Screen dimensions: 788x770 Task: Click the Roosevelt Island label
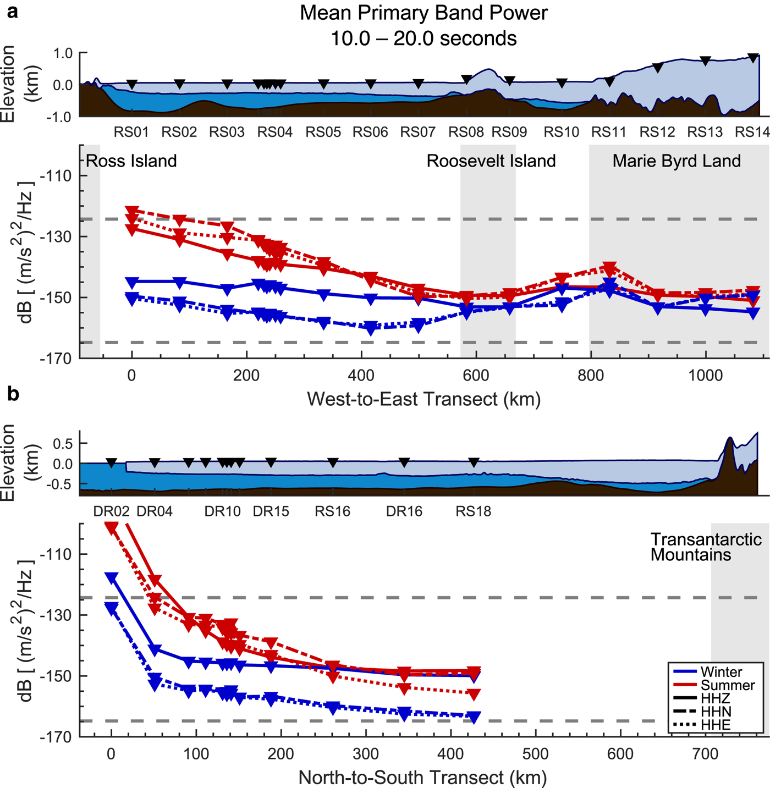[491, 161]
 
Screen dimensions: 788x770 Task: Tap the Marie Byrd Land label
[676, 161]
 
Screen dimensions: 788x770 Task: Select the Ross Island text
[131, 161]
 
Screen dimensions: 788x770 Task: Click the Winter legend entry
[721, 672]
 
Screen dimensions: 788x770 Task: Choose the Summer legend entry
[728, 685]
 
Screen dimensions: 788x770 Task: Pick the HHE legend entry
[716, 725]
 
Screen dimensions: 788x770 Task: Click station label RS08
[466, 133]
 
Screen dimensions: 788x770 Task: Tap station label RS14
[752, 133]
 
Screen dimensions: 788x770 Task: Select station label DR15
[271, 511]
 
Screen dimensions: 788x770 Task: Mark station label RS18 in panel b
[473, 511]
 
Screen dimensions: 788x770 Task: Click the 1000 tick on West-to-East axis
[706, 376]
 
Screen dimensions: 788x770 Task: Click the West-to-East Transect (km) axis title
[424, 399]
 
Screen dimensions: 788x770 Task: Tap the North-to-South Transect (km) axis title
[422, 778]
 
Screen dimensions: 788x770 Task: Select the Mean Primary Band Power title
[424, 13]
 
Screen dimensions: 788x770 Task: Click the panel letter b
[13, 394]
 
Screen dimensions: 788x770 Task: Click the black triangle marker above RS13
[706, 61]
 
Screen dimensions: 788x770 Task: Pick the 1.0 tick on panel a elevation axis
[64, 53]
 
